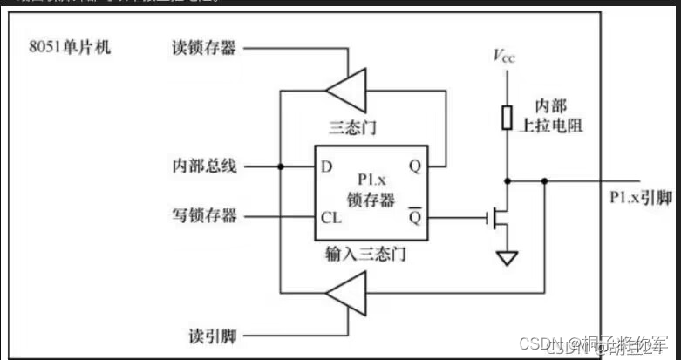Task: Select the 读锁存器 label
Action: tap(205, 46)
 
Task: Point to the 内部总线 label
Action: tap(205, 165)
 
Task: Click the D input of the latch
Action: tap(325, 165)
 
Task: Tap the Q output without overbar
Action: tap(414, 165)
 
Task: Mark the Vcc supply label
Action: tap(505, 57)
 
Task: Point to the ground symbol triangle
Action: tap(506, 258)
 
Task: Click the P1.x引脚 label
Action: tap(641, 198)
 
